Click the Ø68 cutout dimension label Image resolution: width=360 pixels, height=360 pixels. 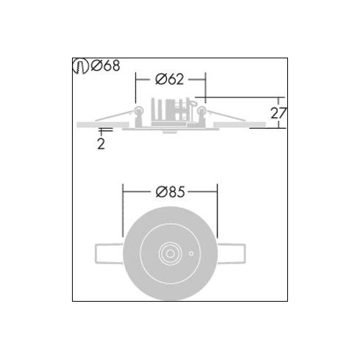coord(106,66)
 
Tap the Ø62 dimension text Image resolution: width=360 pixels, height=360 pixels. coord(169,79)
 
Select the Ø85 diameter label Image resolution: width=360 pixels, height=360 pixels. coord(170,192)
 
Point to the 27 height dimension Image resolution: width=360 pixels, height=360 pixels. coord(279,113)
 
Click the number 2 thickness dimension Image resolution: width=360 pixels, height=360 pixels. coord(101,144)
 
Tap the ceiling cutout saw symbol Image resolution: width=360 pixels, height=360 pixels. coord(81,66)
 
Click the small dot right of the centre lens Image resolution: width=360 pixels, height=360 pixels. coord(192,253)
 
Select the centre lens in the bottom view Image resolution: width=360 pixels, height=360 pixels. coord(170,253)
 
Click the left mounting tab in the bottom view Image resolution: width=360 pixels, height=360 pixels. coord(109,253)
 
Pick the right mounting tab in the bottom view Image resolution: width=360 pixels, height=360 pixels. coord(231,253)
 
